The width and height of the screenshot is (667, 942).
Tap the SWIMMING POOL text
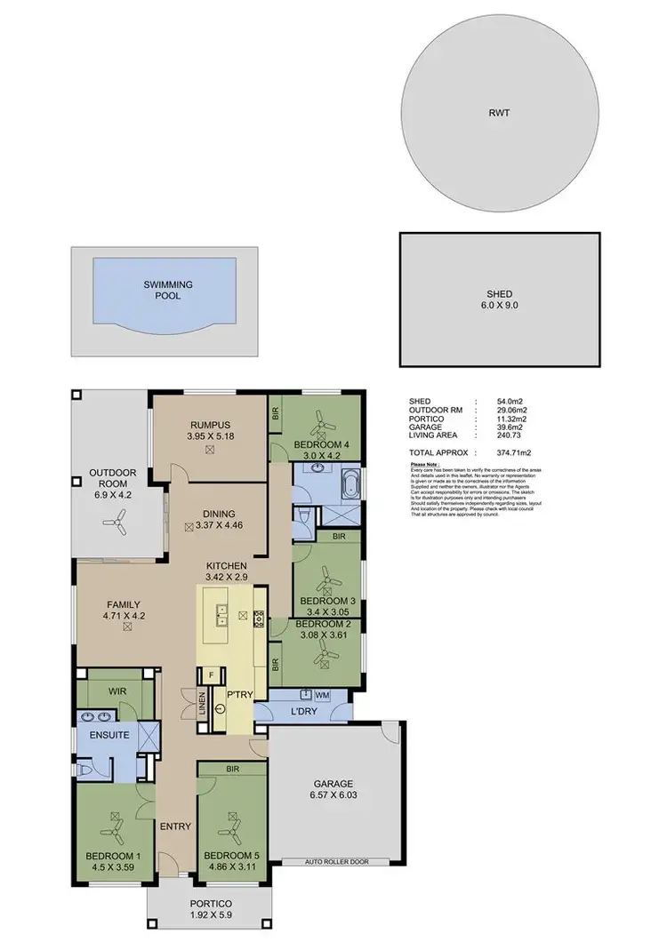coord(168,290)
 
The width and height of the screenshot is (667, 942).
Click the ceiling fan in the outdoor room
coord(115,524)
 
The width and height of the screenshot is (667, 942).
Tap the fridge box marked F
coord(212,675)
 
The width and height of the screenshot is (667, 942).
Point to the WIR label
coord(117,689)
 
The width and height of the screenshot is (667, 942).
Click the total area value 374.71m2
coord(512,452)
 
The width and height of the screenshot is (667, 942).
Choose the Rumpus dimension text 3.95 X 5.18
coord(209,436)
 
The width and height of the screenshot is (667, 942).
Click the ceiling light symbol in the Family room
coord(127,627)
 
